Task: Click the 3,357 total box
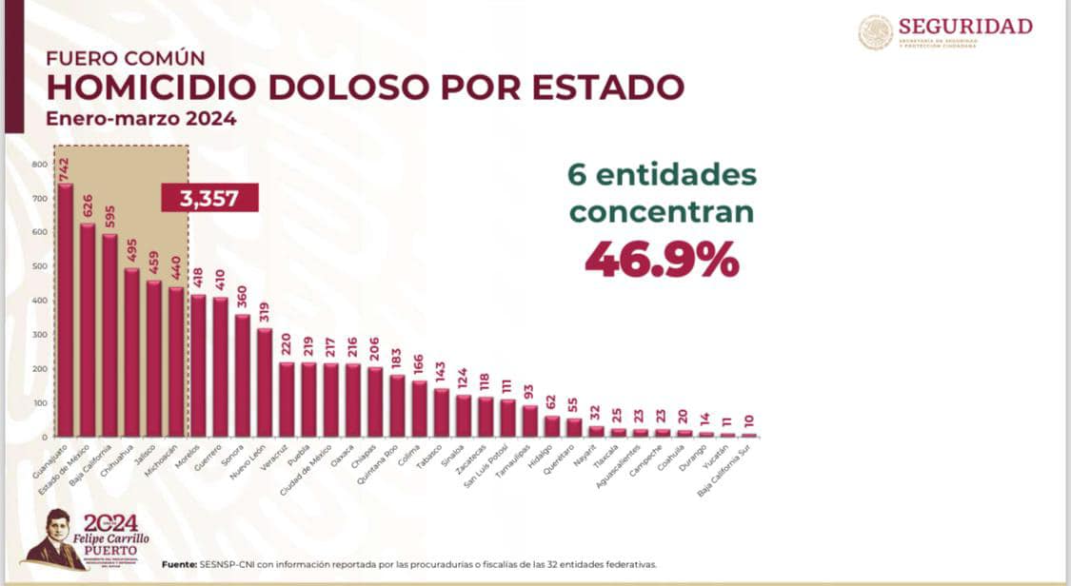[209, 198]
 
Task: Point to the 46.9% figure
[662, 259]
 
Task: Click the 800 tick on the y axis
[38, 164]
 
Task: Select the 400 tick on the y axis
[38, 301]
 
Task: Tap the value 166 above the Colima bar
[419, 365]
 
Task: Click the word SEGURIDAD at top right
[964, 26]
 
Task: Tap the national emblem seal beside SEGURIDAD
[876, 32]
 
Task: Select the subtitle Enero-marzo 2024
[141, 120]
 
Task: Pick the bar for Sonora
[243, 376]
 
